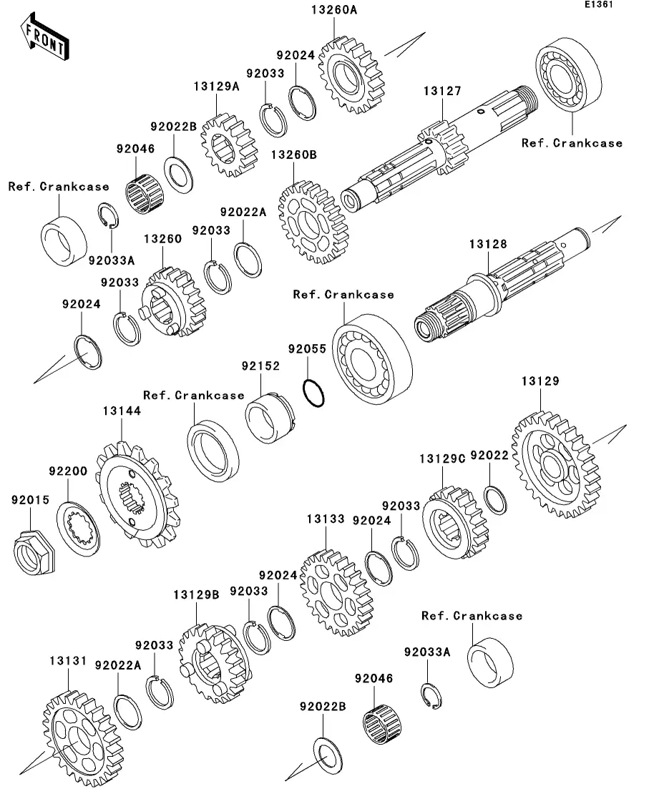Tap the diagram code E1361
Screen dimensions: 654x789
[x=599, y=4]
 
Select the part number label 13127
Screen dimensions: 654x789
[x=442, y=91]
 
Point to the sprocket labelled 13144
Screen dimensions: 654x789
[x=137, y=494]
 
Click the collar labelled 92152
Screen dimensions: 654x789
[x=270, y=418]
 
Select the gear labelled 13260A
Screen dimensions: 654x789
[x=351, y=75]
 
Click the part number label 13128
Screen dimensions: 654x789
[x=488, y=244]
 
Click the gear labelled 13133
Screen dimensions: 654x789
[x=336, y=592]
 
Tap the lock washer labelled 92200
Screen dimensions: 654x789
[x=78, y=529]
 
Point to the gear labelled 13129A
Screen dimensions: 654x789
[x=229, y=146]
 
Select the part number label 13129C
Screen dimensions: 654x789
[x=442, y=459]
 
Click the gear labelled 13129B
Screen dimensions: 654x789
[x=214, y=664]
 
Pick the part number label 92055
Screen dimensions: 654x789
[x=307, y=348]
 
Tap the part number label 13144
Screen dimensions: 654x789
[x=122, y=411]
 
